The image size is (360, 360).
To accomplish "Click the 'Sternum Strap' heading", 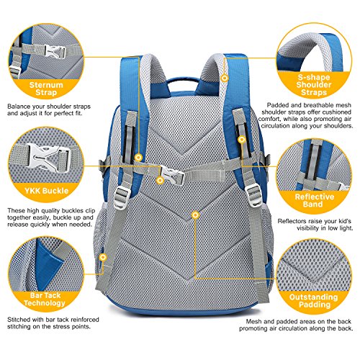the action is point(46,89).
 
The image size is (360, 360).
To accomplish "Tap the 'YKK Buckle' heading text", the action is point(47,191).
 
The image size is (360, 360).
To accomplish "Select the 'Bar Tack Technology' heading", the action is point(45,299).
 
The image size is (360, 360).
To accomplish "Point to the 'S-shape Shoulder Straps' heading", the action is point(314,84).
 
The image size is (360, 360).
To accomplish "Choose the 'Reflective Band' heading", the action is point(314,200).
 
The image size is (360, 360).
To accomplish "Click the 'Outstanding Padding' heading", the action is point(314,301).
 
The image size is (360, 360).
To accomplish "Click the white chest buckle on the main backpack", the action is point(172,174).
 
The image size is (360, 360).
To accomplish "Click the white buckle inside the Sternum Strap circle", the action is point(55,51).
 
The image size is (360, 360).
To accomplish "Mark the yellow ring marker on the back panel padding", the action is point(196,215).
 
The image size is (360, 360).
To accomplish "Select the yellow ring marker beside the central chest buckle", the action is point(160,180).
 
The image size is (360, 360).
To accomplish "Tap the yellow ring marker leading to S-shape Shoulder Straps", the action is point(225,78).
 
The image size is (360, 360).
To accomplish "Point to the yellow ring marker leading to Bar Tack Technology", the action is point(103,257).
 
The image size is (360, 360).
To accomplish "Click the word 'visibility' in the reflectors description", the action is point(309,228).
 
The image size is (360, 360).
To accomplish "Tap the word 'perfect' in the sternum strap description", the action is point(63,113).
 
